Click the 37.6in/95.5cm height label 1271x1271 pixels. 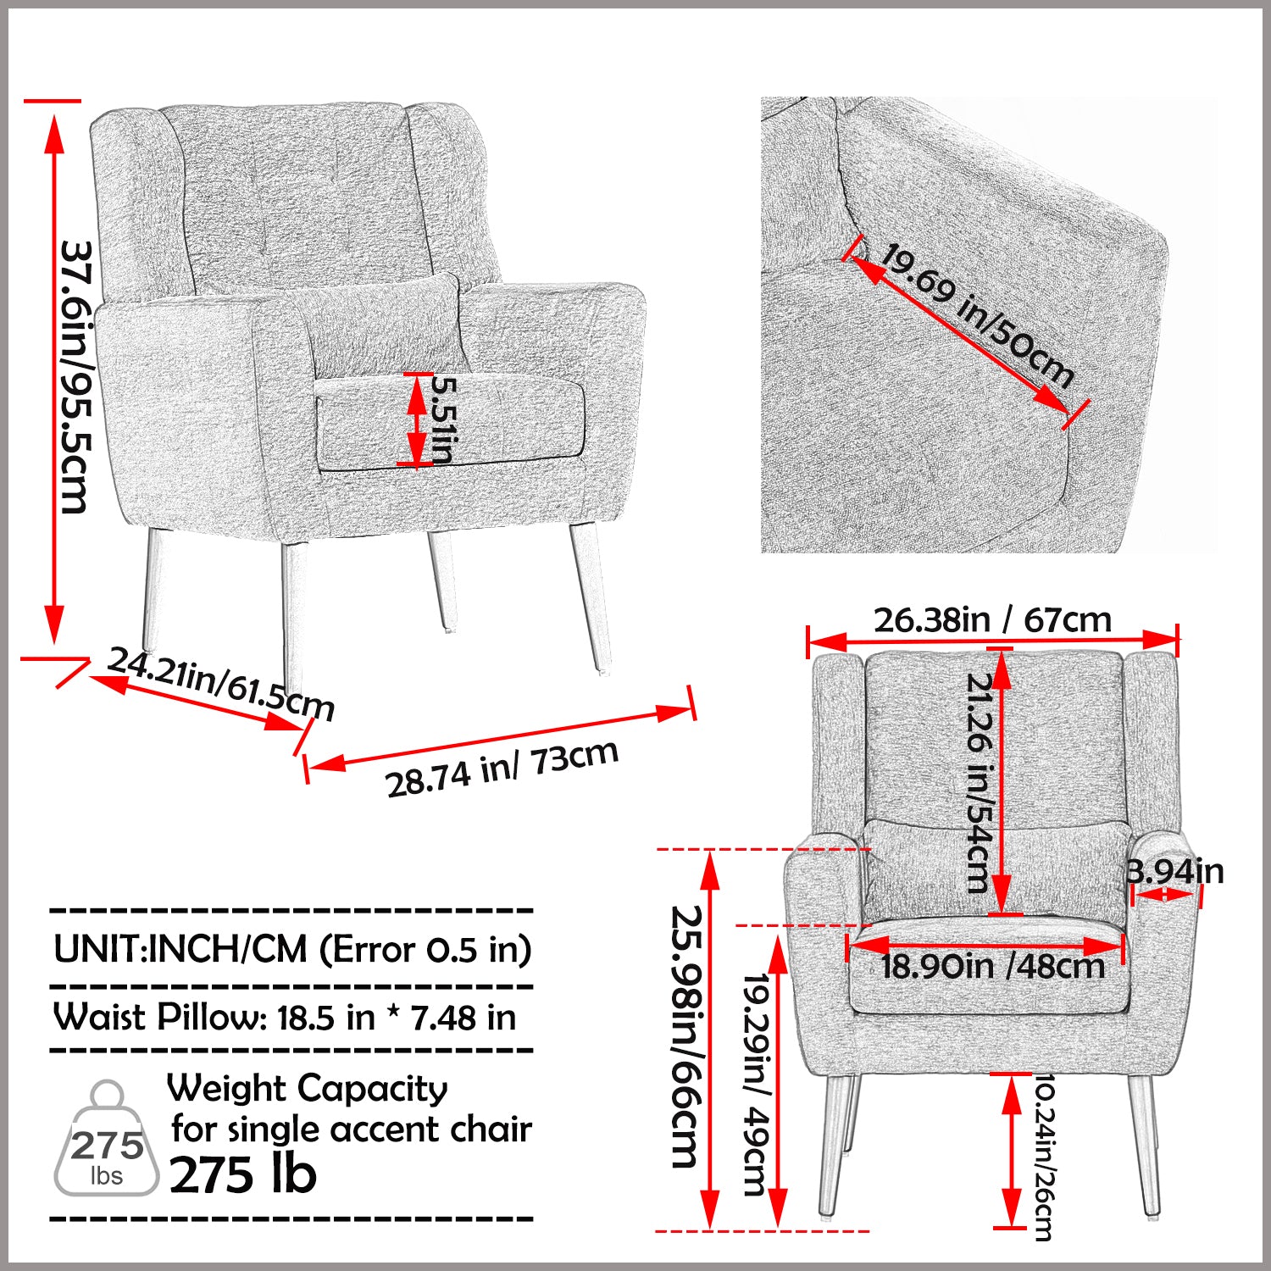(x=75, y=377)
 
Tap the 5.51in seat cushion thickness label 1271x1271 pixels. (x=443, y=419)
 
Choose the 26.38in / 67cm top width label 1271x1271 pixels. (x=992, y=620)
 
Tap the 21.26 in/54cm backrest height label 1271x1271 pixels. (x=979, y=783)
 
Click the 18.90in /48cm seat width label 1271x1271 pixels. (x=992, y=967)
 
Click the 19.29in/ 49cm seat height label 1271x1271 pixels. (x=755, y=1084)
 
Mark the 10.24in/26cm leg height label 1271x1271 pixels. (x=1043, y=1157)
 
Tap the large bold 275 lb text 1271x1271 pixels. (x=243, y=1175)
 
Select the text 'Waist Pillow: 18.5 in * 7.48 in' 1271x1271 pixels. (x=285, y=1018)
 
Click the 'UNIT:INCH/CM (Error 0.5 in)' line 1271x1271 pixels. (x=292, y=949)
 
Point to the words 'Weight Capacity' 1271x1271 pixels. (x=307, y=1088)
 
